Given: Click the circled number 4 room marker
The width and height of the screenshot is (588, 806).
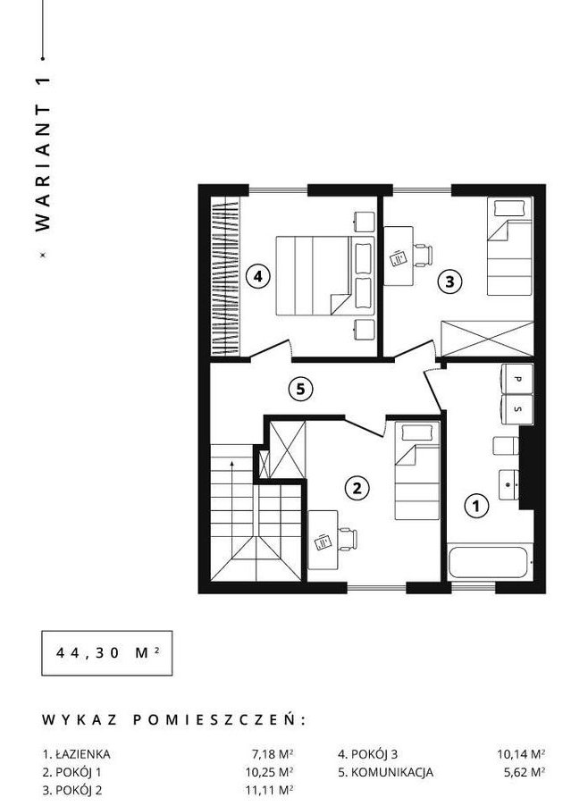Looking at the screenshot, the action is [x=257, y=276].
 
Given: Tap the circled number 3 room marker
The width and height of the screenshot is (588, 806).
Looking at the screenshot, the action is [x=449, y=281].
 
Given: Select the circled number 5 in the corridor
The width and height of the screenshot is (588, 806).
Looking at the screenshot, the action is [x=300, y=389].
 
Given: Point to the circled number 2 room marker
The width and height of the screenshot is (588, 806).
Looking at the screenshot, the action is [x=357, y=487].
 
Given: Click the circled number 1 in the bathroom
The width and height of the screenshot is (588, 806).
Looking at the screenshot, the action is [x=476, y=506].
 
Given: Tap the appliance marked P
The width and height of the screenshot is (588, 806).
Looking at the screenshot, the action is [x=517, y=380].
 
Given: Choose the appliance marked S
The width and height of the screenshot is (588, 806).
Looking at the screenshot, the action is [x=517, y=409].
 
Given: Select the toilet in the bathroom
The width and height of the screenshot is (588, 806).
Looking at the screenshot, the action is [x=507, y=446].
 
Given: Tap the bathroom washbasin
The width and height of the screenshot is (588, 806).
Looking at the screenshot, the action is [x=509, y=484].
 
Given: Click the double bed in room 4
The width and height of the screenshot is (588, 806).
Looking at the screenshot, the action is [x=325, y=275].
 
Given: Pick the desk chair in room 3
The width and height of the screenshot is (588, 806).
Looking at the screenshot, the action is [x=423, y=256].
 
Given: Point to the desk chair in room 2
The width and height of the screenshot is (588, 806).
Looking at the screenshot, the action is [x=348, y=540].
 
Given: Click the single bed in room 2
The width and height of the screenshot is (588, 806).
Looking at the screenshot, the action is [x=417, y=470].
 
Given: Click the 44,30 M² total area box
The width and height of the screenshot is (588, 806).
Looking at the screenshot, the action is [x=107, y=653].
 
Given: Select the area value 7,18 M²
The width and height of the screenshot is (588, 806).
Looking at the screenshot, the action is [x=273, y=754].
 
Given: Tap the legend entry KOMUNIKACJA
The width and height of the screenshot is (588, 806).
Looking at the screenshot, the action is [x=391, y=772].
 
